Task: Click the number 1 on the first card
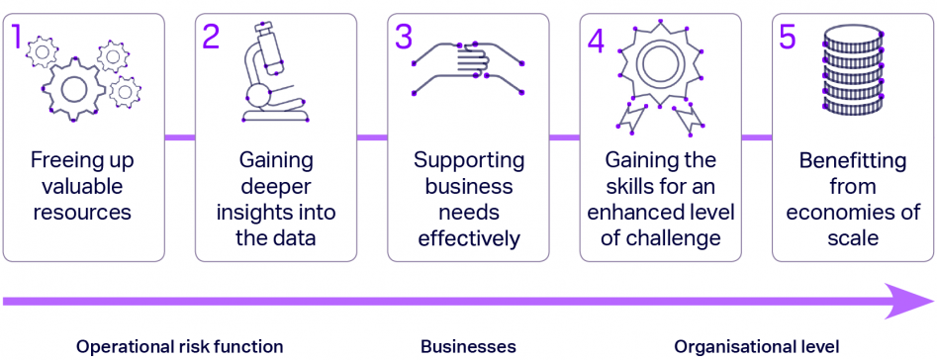coord(17,37)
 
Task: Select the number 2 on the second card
coord(211,37)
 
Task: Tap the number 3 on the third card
coord(403,37)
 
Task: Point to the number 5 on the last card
coord(788,37)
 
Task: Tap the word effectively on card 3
coord(468,237)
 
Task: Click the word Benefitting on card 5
coord(852,161)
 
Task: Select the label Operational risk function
coord(179,346)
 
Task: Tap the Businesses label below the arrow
coord(468,346)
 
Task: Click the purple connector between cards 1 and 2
coord(179,137)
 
